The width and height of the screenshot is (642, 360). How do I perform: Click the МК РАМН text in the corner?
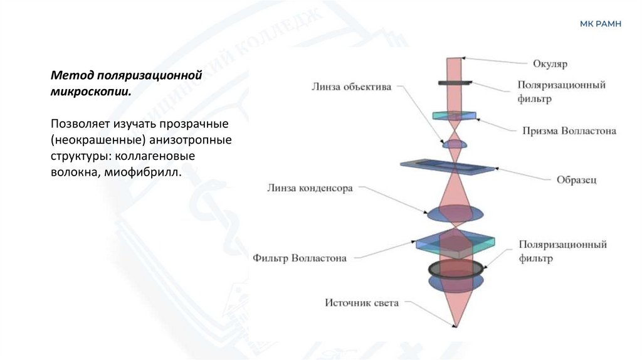click(x=600, y=24)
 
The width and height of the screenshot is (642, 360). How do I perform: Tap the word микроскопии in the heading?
click(x=91, y=91)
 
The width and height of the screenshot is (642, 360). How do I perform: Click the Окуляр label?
click(x=550, y=63)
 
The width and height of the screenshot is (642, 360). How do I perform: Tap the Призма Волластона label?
click(x=569, y=131)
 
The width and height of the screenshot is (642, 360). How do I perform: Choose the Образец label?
click(x=576, y=179)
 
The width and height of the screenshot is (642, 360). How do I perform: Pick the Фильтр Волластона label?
click(x=300, y=257)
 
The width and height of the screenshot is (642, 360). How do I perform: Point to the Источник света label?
click(x=361, y=303)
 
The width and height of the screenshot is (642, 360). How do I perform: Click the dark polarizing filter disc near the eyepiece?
click(x=456, y=83)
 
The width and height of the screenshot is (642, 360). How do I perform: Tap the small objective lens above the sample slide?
click(x=455, y=145)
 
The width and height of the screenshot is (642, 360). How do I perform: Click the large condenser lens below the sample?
click(x=456, y=214)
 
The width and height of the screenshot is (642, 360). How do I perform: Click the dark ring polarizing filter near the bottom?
click(x=456, y=268)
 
